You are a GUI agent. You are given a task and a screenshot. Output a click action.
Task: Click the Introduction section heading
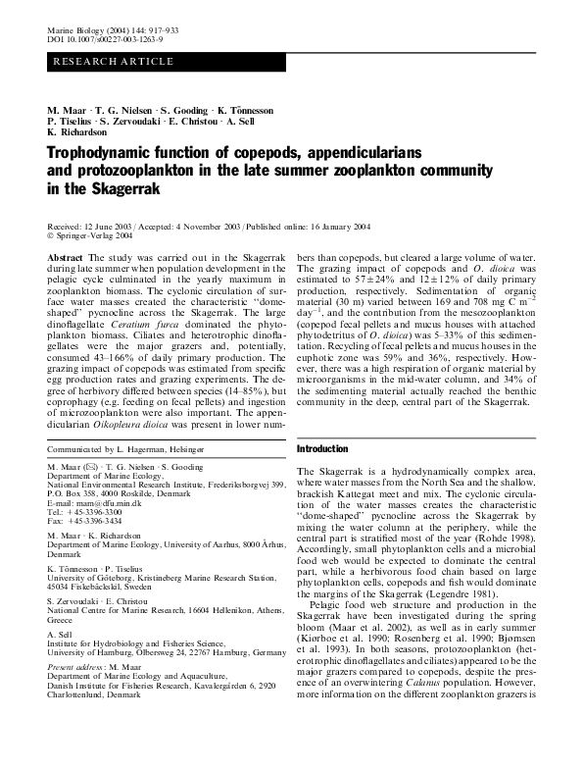[x=322, y=448]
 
